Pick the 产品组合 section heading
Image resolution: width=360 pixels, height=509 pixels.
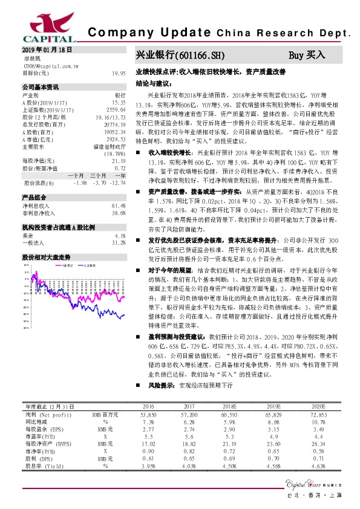[33, 198]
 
